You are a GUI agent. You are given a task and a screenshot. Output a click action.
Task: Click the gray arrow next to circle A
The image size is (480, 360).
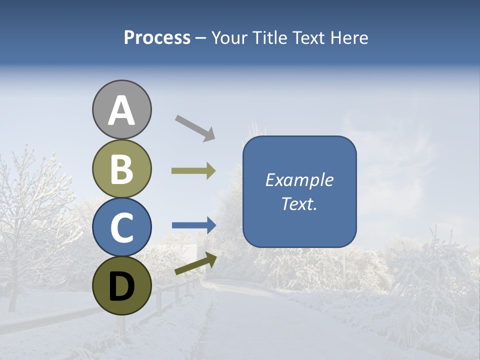tap(195, 127)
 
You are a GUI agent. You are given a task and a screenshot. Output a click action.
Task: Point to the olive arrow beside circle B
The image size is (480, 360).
tap(193, 171)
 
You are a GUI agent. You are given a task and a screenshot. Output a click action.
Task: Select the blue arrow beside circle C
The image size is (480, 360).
tap(194, 225)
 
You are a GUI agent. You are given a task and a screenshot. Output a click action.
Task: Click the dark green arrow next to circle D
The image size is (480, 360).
tap(195, 264)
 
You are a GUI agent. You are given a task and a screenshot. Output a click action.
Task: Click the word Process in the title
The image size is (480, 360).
tap(157, 38)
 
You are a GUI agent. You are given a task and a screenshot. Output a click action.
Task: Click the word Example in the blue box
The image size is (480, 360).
tap(299, 180)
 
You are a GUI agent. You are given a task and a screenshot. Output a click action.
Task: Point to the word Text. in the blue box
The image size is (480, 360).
tap(299, 204)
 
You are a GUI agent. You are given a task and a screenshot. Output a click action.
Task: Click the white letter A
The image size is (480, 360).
tap(122, 111)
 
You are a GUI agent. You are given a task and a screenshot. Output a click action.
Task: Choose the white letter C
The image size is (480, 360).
tap(122, 228)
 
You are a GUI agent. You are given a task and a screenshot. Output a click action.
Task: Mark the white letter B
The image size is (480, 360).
tap(122, 169)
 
